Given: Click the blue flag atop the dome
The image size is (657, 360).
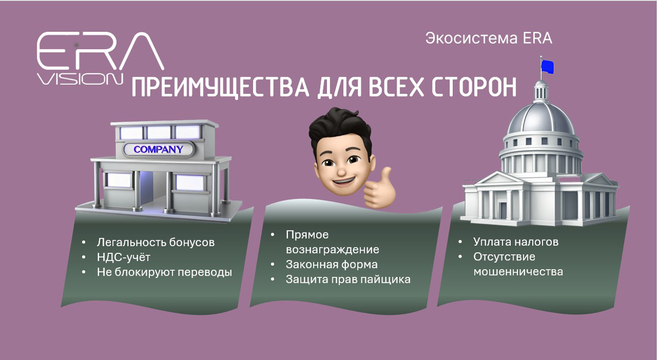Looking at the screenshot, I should click(546, 67).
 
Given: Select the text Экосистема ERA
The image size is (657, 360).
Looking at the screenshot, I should click(489, 39).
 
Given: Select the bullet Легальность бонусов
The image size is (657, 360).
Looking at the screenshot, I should click(155, 242).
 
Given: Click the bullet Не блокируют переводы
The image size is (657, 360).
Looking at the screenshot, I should click(164, 272).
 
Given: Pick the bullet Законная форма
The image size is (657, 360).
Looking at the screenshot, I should click(331, 264).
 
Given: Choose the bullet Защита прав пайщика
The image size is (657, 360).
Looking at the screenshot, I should click(348, 279).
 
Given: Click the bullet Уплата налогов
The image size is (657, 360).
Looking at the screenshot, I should click(516, 242).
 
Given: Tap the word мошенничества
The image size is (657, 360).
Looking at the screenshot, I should click(518, 271).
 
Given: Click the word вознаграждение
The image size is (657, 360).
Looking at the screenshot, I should click(332, 249).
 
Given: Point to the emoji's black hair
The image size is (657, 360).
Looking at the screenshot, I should click(340, 124).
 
